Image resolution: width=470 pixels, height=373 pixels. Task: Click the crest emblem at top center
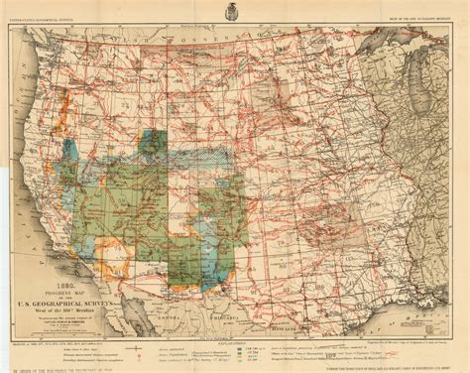click(235, 14)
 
